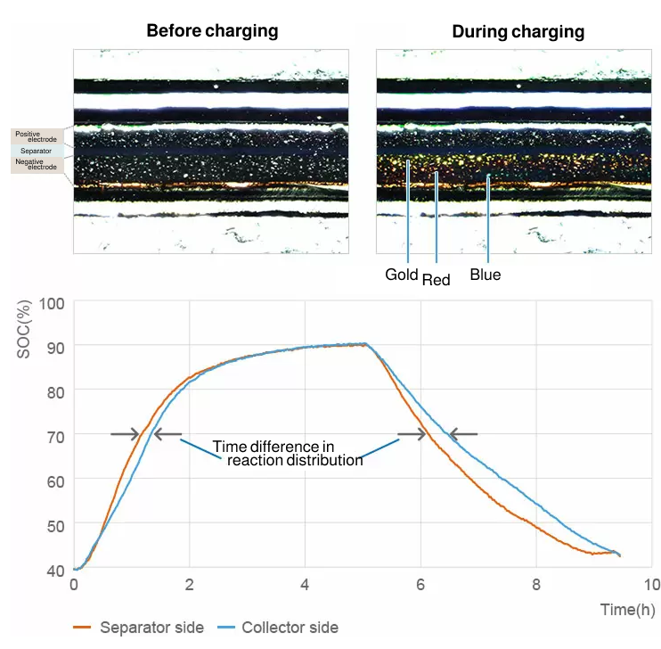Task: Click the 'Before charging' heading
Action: (212, 31)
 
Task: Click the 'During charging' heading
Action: (518, 32)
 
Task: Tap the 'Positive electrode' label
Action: (35, 136)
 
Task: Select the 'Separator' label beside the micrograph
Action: (36, 152)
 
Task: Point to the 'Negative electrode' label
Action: (36, 165)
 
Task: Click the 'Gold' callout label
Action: (402, 275)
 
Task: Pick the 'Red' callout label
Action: (436, 280)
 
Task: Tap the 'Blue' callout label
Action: (486, 275)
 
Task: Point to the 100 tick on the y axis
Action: (53, 303)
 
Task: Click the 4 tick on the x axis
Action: (305, 585)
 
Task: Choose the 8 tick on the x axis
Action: (536, 585)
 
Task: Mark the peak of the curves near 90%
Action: (364, 344)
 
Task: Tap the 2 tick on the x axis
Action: (189, 585)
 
